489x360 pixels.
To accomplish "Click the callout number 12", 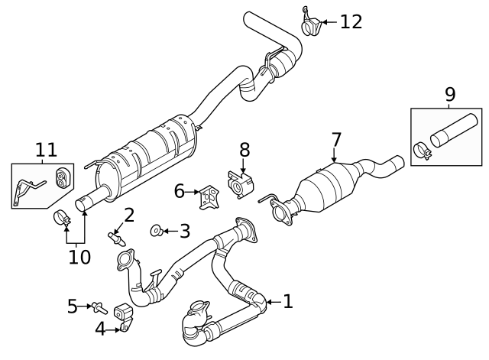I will click(x=351, y=21).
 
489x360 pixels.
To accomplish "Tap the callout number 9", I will click(x=449, y=94).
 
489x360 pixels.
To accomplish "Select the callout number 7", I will click(x=335, y=140).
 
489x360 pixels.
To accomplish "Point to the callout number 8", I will click(x=244, y=150).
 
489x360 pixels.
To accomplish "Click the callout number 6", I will click(x=179, y=191).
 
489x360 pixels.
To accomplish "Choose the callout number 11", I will click(x=46, y=150).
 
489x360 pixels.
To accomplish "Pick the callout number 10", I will click(x=79, y=257).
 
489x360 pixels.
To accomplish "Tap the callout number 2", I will click(x=129, y=215).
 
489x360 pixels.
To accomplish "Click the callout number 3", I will click(x=184, y=230).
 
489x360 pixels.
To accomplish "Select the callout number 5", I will click(x=73, y=306).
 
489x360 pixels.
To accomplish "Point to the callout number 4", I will click(x=101, y=329).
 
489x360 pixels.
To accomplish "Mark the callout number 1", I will click(x=287, y=302).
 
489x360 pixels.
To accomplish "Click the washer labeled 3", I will click(x=157, y=229).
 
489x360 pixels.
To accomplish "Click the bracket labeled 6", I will click(x=207, y=197).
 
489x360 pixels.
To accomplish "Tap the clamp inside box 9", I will click(x=423, y=152).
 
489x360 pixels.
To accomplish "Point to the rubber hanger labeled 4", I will click(x=122, y=314).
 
